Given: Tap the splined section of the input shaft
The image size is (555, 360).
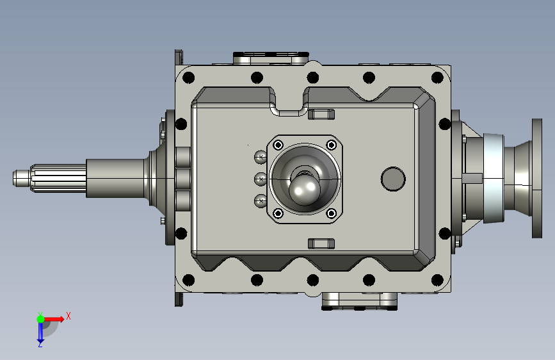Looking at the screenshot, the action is point(58,178).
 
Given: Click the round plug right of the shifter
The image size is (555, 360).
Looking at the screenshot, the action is point(393,179).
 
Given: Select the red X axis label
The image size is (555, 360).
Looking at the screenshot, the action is point(68,316).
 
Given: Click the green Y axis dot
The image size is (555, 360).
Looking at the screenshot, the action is point(41,319).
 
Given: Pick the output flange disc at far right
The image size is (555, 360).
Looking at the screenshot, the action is point(537,178).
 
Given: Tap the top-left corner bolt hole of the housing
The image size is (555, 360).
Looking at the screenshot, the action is point(188,78).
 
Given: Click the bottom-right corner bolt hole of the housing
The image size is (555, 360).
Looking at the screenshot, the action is point(437,280).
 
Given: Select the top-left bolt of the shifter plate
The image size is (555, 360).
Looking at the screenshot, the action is point(278,145).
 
